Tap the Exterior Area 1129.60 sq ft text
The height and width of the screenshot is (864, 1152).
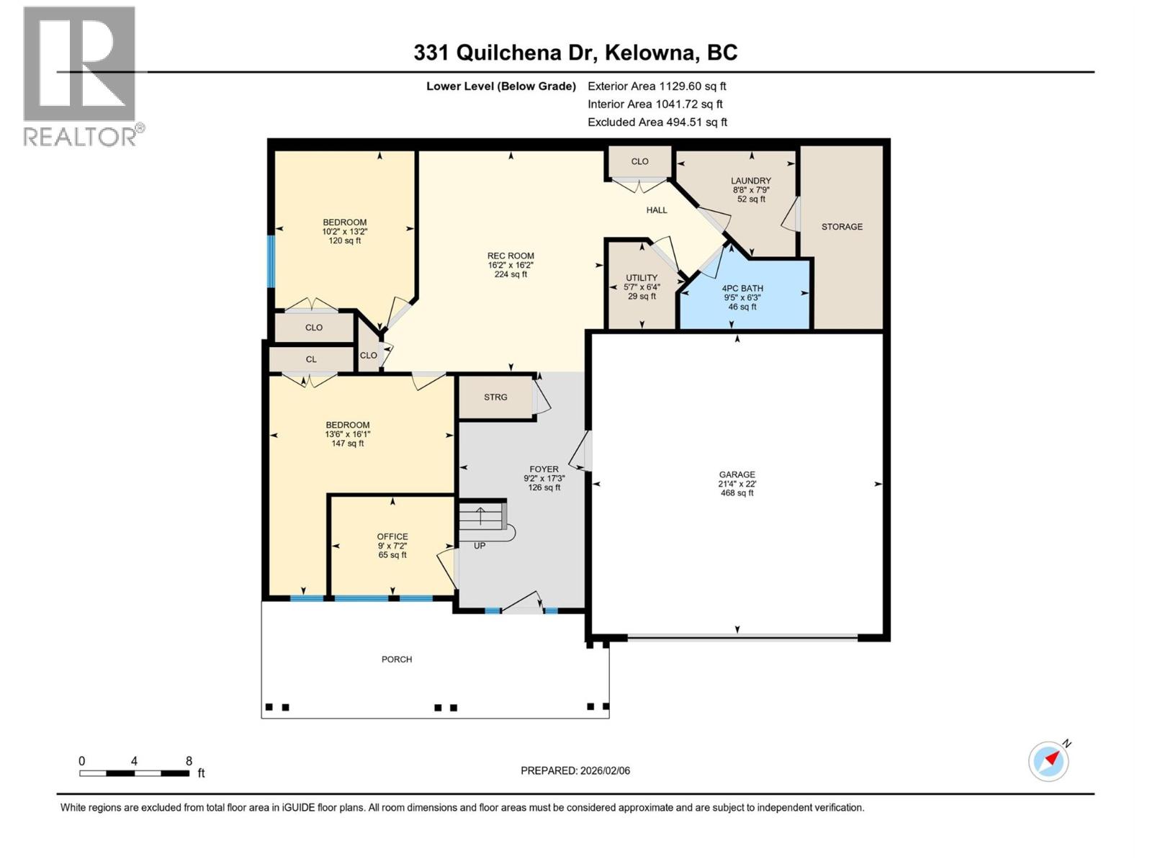coord(657,86)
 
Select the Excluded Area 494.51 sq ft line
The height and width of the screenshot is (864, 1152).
coord(657,122)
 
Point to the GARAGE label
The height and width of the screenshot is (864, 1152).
coord(737,475)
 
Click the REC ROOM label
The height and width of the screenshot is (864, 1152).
coord(510,256)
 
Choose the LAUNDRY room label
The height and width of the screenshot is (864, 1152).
coord(751,181)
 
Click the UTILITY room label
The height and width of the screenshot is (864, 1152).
coord(641,279)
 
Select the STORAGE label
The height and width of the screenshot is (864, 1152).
coord(842,227)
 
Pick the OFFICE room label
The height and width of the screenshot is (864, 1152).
coord(392,537)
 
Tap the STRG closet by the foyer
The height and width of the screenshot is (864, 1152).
coord(495,397)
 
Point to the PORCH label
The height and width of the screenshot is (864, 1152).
coord(397,660)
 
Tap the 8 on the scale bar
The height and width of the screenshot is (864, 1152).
coord(189,761)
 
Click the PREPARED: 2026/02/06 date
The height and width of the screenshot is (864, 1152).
coord(575,770)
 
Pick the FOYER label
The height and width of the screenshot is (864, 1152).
coord(544,469)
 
